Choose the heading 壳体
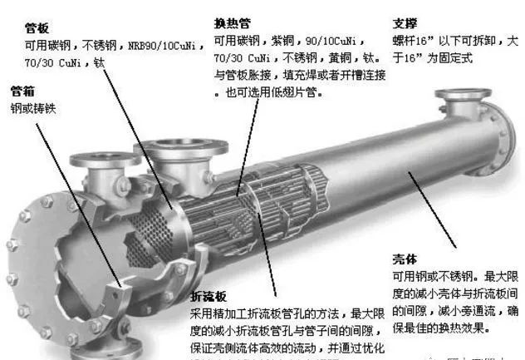(404, 259)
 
